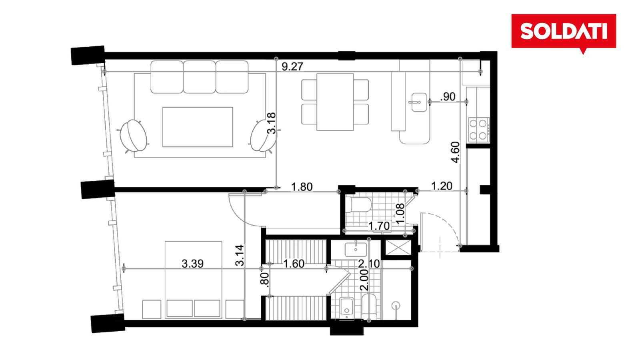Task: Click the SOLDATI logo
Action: click(x=564, y=32)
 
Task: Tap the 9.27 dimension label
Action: click(x=292, y=66)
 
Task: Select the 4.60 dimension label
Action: click(x=456, y=152)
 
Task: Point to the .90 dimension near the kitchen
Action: click(x=448, y=97)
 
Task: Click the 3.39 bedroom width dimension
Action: click(x=192, y=264)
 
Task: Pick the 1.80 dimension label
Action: click(x=302, y=187)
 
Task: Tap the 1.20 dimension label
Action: click(x=442, y=186)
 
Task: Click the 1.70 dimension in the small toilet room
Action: click(x=379, y=226)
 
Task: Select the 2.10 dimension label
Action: click(x=369, y=264)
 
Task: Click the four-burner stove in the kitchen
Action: click(x=478, y=130)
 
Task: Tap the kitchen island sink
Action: click(x=419, y=102)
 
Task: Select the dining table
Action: click(x=335, y=102)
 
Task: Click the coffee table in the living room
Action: click(x=198, y=127)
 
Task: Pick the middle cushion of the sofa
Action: click(x=200, y=77)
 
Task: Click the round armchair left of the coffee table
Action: click(x=133, y=136)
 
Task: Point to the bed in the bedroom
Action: click(x=194, y=280)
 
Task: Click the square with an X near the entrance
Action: click(x=398, y=248)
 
